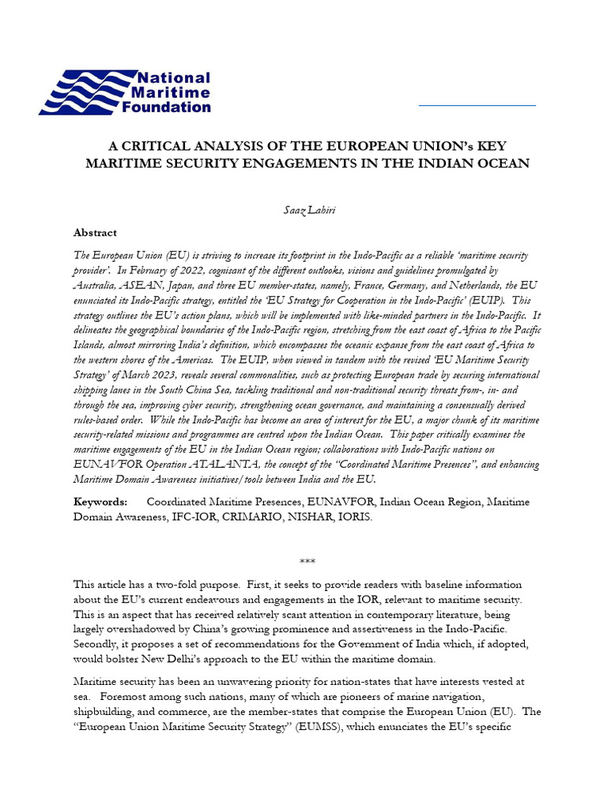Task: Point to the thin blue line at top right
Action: pyautogui.click(x=477, y=104)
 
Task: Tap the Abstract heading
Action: pyautogui.click(x=95, y=233)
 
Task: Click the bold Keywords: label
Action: pyautogui.click(x=100, y=502)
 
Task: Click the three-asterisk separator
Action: pyautogui.click(x=307, y=562)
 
